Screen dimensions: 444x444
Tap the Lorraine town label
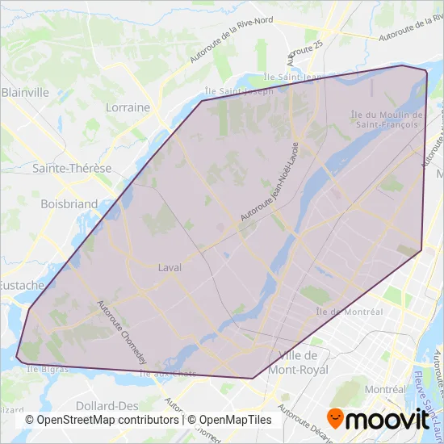[x=128, y=107]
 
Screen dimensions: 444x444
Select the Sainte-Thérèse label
[x=71, y=169]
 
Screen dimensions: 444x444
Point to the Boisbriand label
[x=69, y=204]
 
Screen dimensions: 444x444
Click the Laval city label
[x=170, y=267]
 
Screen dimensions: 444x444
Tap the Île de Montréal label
[x=349, y=312]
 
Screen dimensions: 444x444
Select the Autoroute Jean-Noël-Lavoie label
[x=270, y=184]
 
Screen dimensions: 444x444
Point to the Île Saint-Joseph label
[x=240, y=90]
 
